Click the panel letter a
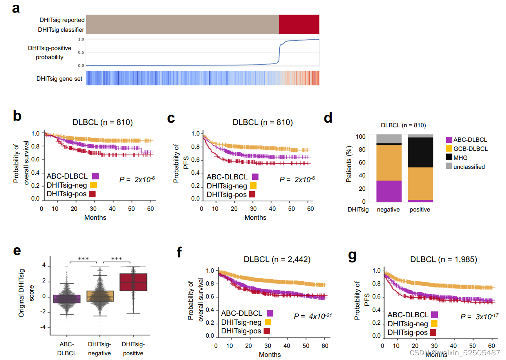pyautogui.click(x=16, y=8)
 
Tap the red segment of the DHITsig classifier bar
pyautogui.click(x=299, y=24)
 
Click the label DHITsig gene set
pyautogui.click(x=59, y=79)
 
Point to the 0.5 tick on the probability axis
pyautogui.click(x=81, y=52)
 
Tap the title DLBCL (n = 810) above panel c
pyautogui.click(x=262, y=122)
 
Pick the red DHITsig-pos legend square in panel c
pyautogui.click(x=252, y=194)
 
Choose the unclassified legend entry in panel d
pyautogui.click(x=468, y=167)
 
